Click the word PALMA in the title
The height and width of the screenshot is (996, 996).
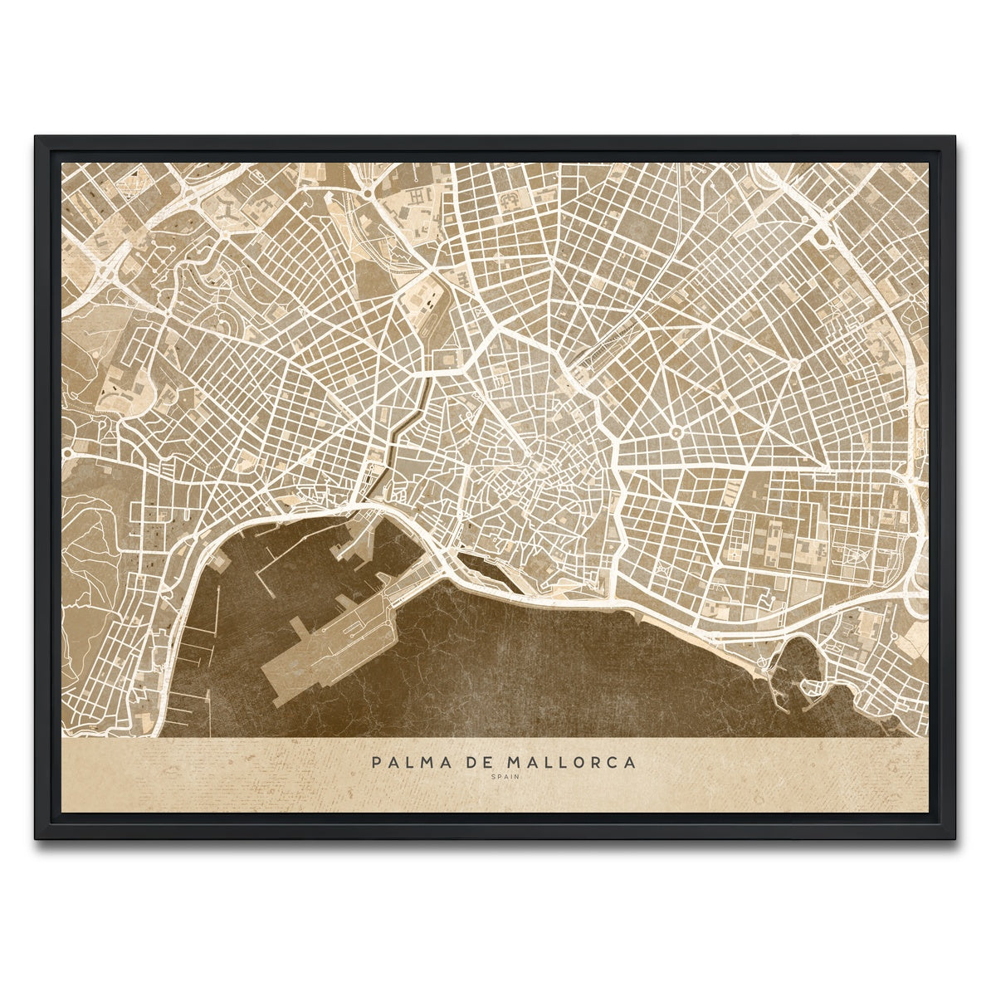tap(402, 762)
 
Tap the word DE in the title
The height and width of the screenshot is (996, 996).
tap(460, 762)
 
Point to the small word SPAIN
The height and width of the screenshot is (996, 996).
tap(498, 778)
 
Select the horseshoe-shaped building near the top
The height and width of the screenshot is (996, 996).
tap(509, 198)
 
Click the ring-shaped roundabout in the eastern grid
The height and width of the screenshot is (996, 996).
tap(676, 432)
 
